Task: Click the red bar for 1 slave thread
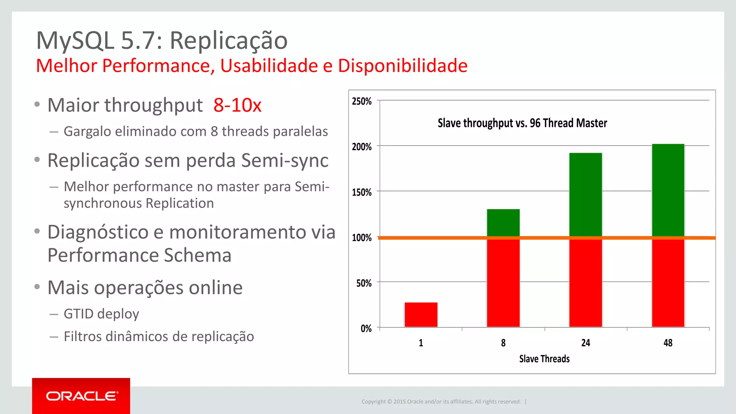(421, 314)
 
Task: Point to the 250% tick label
(362, 101)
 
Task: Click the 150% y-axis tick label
(362, 192)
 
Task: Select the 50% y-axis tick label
(364, 283)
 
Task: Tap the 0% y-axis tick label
(366, 328)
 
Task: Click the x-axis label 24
(585, 343)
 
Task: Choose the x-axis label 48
(668, 343)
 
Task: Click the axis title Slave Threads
(544, 359)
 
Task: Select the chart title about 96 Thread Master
(522, 123)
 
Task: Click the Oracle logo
(82, 396)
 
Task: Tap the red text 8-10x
(237, 105)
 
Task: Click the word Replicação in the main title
(229, 40)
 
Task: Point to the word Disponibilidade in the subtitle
(402, 66)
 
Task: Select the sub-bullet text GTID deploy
(101, 314)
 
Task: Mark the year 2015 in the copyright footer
(399, 401)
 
